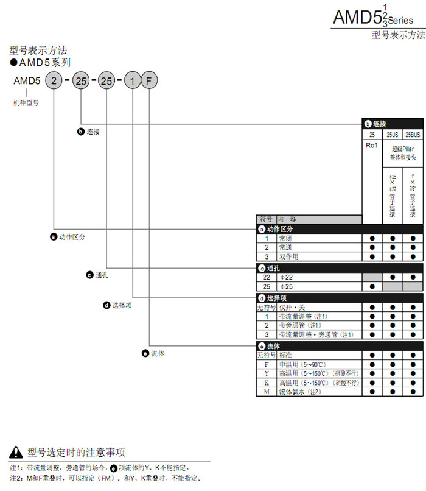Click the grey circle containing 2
[x=54, y=80]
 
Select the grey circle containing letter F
[x=149, y=80]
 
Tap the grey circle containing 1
[x=132, y=80]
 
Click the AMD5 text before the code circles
[x=27, y=80]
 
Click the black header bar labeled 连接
[x=393, y=123]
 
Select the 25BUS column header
[x=413, y=134]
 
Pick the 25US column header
[x=392, y=134]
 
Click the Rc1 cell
[x=372, y=145]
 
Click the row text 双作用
[x=288, y=256]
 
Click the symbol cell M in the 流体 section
[x=267, y=392]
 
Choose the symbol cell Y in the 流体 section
[x=267, y=373]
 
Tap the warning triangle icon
[x=16, y=452]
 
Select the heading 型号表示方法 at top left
[x=38, y=50]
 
